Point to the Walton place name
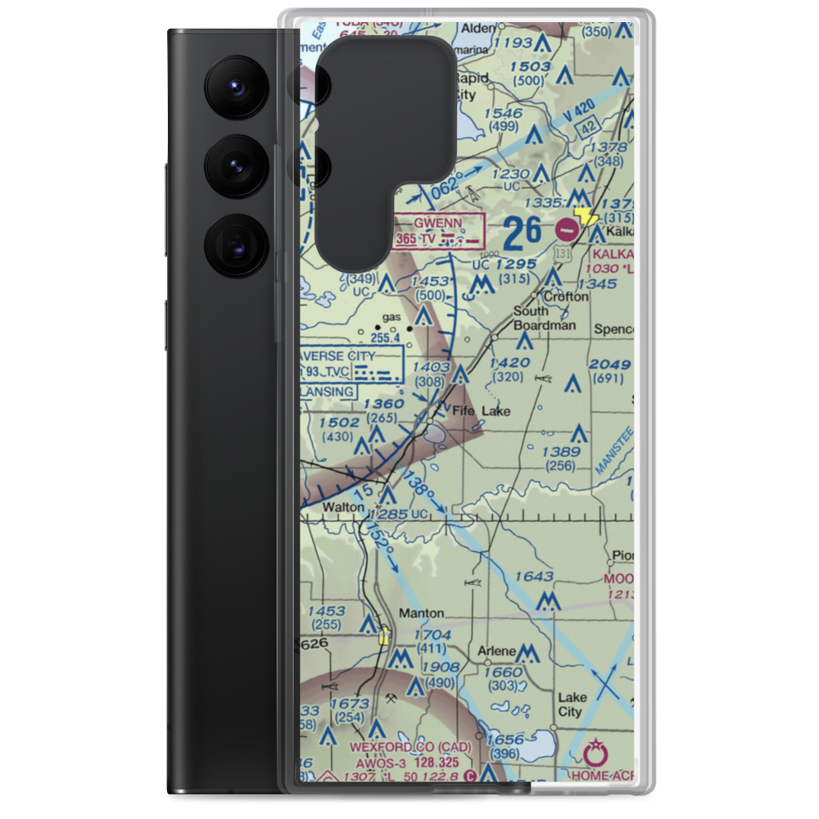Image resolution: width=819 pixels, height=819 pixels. point(343,508)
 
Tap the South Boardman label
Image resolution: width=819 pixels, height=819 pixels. point(544,318)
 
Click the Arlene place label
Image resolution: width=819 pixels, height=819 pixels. point(497,652)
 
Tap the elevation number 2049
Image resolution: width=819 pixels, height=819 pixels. point(610,364)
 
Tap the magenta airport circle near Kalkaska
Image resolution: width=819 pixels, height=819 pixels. point(565,230)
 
